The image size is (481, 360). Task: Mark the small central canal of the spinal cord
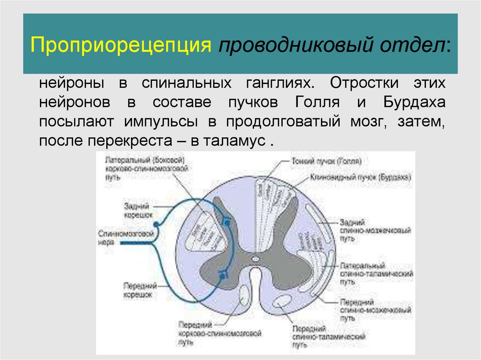255,258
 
